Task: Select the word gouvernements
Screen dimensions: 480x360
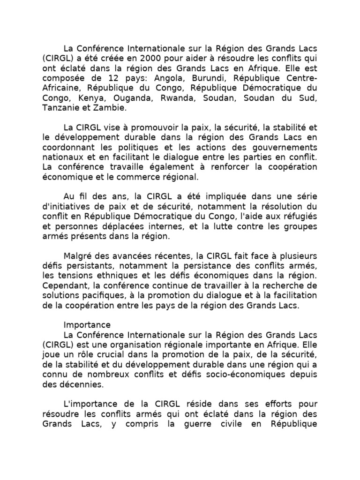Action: (285, 147)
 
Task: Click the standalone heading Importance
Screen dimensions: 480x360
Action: (87, 325)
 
